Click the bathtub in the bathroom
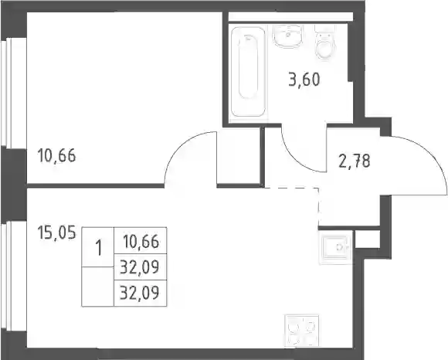pyautogui.click(x=248, y=72)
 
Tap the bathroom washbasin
pyautogui.click(x=287, y=36)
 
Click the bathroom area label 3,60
pyautogui.click(x=304, y=80)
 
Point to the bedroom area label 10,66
pyautogui.click(x=56, y=156)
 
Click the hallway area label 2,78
pyautogui.click(x=355, y=161)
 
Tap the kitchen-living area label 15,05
pyautogui.click(x=57, y=233)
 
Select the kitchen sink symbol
pyautogui.click(x=335, y=247)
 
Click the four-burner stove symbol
pyautogui.click(x=302, y=331)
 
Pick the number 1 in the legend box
pyautogui.click(x=99, y=247)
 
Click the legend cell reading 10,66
pyautogui.click(x=141, y=240)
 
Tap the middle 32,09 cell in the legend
pyautogui.click(x=141, y=267)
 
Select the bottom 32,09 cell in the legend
pyautogui.click(x=141, y=293)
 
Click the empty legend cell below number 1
pyautogui.click(x=98, y=287)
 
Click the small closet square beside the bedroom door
pyautogui.click(x=238, y=156)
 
